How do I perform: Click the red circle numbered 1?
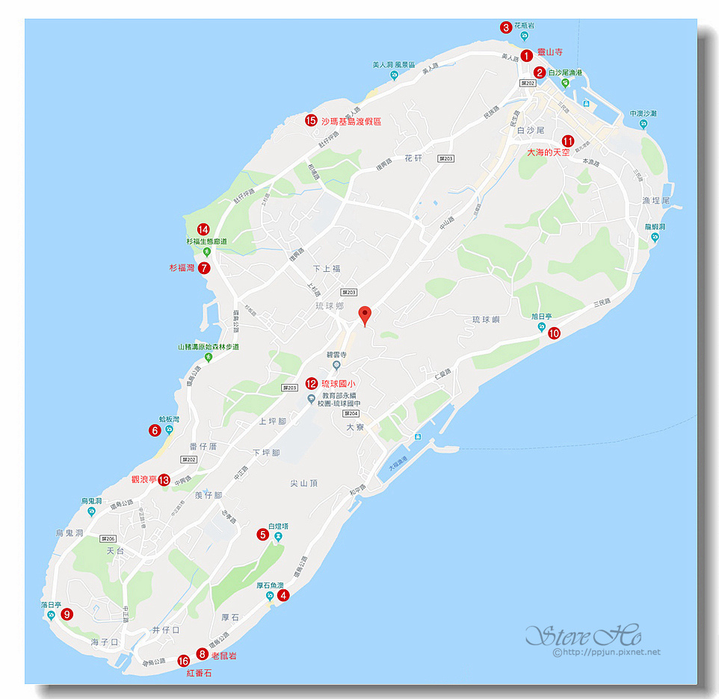527,54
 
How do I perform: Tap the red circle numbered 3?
506,28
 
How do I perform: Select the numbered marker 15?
311,120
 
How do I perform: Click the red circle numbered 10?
554,334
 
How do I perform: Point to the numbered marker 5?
262,534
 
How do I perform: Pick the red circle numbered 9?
67,615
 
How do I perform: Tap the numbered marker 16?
184,661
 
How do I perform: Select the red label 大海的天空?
548,152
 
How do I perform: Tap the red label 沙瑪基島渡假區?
351,121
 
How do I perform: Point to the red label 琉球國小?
338,383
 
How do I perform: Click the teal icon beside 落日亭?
51,615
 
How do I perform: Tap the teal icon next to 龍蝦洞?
655,237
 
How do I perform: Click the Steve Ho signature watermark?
583,636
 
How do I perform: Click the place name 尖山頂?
304,483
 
